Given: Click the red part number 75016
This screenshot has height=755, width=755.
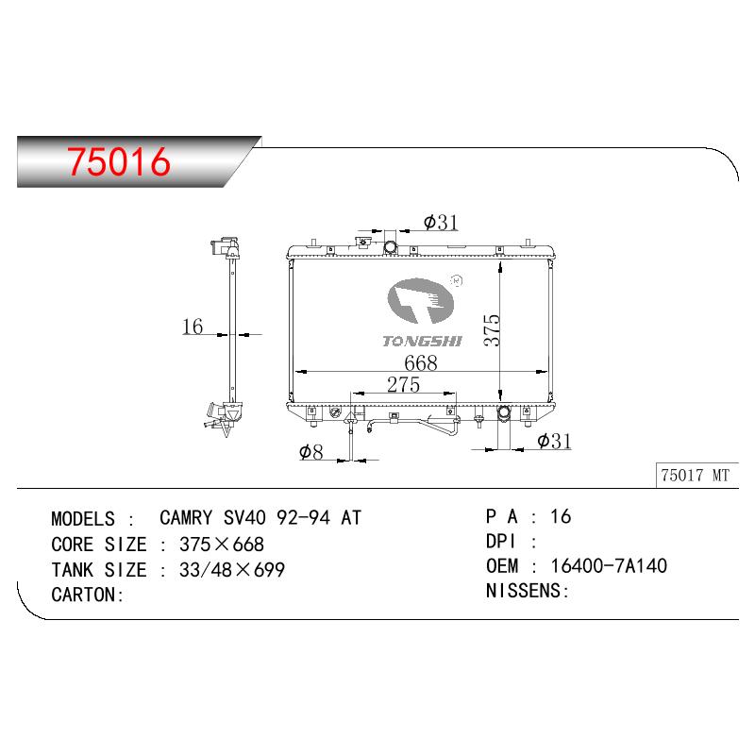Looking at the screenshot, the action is pyautogui.click(x=119, y=161).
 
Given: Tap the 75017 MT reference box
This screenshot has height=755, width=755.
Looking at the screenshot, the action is pyautogui.click(x=696, y=476).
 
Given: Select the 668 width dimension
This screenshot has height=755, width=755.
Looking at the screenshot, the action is pyautogui.click(x=421, y=362).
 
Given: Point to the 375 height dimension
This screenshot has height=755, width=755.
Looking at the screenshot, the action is pyautogui.click(x=492, y=329).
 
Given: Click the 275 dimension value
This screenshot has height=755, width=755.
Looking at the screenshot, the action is pyautogui.click(x=404, y=385).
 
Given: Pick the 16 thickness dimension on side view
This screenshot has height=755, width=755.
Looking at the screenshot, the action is pyautogui.click(x=193, y=327).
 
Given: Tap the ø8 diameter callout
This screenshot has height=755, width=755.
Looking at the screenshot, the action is pyautogui.click(x=311, y=452).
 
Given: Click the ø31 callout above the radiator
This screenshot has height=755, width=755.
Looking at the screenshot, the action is pyautogui.click(x=441, y=222).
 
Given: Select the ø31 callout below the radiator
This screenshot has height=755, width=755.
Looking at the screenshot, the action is pyautogui.click(x=554, y=441).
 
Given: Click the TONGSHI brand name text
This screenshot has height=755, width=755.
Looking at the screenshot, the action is pyautogui.click(x=422, y=342).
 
